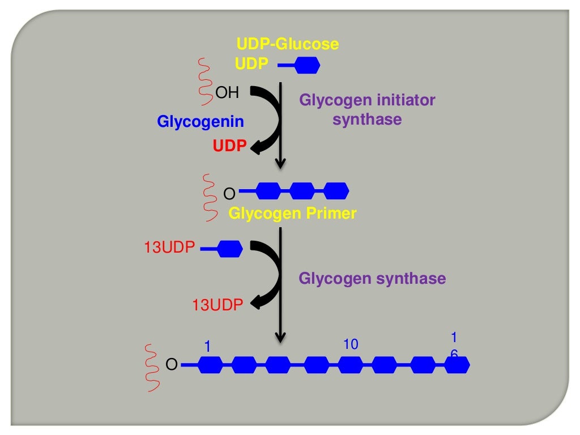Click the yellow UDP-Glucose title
[287, 44]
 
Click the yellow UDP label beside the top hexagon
[251, 64]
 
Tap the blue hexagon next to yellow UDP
[308, 66]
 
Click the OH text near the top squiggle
[228, 93]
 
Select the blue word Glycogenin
[201, 121]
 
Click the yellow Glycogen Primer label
[293, 214]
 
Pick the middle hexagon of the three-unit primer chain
[302, 191]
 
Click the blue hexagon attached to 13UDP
[230, 248]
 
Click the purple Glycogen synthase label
[372, 279]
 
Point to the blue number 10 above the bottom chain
[351, 344]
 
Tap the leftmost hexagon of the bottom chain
[208, 365]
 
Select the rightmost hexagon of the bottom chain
[457, 365]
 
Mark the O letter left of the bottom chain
[171, 365]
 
